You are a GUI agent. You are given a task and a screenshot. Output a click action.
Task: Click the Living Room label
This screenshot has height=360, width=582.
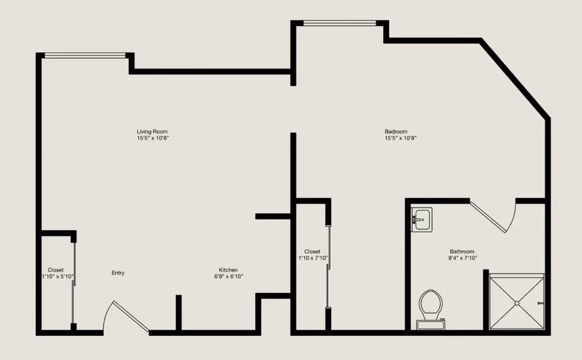coord(152,132)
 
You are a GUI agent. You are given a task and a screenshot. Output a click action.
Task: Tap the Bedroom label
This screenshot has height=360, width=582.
coord(396,132)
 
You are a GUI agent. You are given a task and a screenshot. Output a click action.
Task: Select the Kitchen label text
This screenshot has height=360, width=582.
coord(229,270)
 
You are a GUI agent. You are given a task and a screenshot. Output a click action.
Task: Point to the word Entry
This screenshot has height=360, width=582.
coord(118,273)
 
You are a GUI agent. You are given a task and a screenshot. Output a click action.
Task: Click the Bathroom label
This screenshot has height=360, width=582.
coord(462,252)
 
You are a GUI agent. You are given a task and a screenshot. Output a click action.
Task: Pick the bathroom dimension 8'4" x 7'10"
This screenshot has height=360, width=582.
coord(463,258)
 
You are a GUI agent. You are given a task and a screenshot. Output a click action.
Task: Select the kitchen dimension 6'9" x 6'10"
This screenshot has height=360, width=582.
coord(229,276)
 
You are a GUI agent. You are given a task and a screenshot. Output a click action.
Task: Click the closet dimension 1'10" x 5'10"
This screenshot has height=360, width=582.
coord(58,276)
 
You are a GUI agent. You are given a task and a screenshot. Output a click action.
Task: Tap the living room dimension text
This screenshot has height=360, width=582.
coord(153,138)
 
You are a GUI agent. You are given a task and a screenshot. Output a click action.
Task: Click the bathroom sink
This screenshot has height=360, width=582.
coord(422,219)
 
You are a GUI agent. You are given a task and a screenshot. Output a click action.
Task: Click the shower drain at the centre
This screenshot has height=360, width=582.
coord(517,303)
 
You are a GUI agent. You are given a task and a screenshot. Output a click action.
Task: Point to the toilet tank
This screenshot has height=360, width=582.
coord(430,325)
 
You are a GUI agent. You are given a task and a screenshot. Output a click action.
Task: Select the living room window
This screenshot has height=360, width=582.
coord(85,55)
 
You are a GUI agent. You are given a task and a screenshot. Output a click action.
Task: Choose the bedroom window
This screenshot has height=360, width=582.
coord(339,23)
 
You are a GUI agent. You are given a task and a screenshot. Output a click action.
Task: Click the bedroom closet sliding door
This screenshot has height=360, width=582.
coord(328,267)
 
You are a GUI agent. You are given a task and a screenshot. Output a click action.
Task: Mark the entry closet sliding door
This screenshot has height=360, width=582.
coord(74,283)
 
